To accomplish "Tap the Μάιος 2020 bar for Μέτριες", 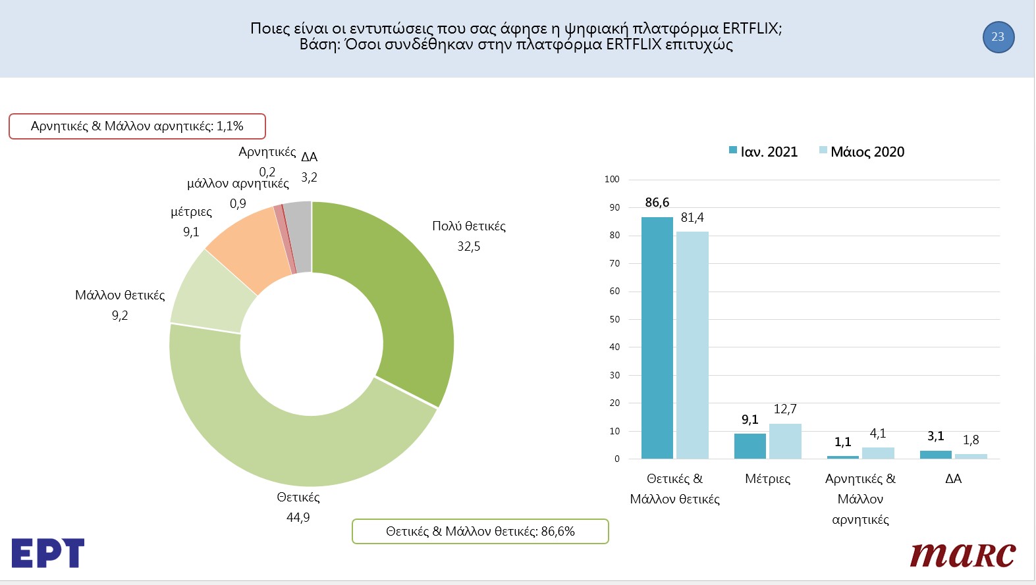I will [x=785, y=442].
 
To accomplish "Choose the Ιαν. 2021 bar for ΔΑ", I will [x=935, y=455].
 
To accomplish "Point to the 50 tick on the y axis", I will [x=614, y=319].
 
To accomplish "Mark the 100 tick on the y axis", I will [x=612, y=179].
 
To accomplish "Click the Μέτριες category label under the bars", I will [x=767, y=478].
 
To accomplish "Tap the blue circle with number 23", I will [x=998, y=37].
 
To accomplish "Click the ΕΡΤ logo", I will [x=48, y=553].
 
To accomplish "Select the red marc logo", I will [x=962, y=555].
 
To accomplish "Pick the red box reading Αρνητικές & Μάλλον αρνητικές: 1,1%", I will [x=137, y=126].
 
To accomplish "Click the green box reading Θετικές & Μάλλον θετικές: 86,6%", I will [x=480, y=531].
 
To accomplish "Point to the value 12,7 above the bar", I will [x=785, y=409].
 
